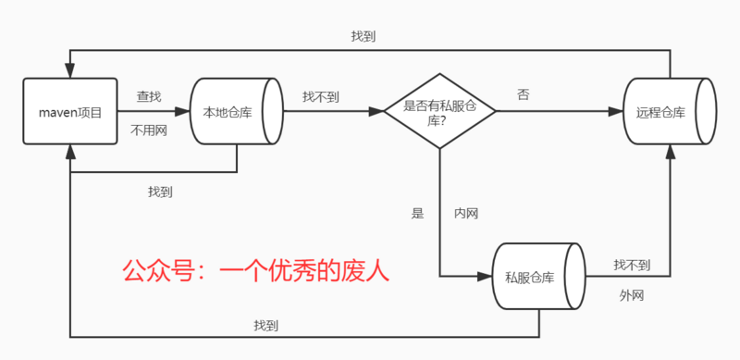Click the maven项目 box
click(69, 112)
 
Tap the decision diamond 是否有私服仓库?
click(439, 112)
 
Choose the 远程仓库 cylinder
click(669, 112)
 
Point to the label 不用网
click(149, 130)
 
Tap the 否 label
click(524, 93)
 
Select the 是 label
click(417, 214)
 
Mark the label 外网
click(632, 296)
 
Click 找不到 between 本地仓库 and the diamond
click(320, 95)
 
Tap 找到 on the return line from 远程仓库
click(363, 37)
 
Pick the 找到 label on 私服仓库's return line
click(267, 326)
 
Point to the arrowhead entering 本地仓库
click(183, 112)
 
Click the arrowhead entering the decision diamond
click(376, 112)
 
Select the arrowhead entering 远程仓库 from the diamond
click(617, 112)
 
